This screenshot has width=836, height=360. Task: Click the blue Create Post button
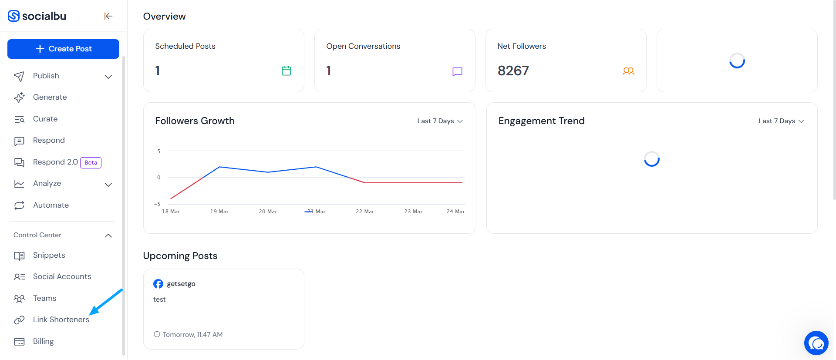[63, 49]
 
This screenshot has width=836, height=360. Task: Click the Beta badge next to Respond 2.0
[91, 162]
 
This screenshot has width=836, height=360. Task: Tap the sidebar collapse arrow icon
[108, 16]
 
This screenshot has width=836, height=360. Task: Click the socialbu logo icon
[14, 16]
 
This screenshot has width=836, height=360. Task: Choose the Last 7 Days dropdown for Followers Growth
[440, 121]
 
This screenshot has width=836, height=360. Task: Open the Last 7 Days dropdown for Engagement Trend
[781, 121]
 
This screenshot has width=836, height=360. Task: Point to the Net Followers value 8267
[513, 71]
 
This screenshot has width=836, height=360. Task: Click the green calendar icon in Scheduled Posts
[286, 71]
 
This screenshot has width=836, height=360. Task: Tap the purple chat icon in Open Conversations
[457, 71]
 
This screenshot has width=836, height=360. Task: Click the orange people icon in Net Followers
[628, 71]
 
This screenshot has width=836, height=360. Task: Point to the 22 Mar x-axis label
[365, 212]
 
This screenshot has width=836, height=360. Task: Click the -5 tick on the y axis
[157, 204]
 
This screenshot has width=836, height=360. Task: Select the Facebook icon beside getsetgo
[158, 284]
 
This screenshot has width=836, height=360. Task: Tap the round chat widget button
[816, 343]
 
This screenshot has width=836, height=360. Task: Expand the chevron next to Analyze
[108, 185]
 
